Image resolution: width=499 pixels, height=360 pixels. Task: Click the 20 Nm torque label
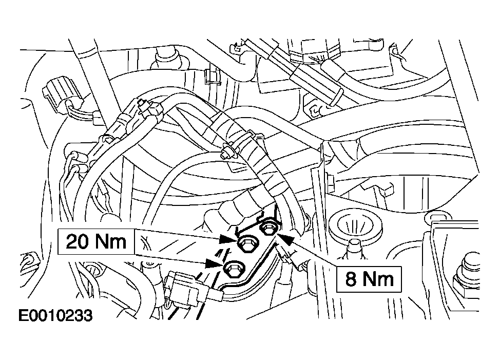96,241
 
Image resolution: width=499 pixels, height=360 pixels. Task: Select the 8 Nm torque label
369,279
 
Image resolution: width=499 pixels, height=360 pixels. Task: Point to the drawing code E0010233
55,316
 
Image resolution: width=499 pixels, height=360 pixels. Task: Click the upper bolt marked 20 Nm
246,244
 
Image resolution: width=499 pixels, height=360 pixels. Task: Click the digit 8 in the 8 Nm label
351,279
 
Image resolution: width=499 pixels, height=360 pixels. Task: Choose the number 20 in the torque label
76,241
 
